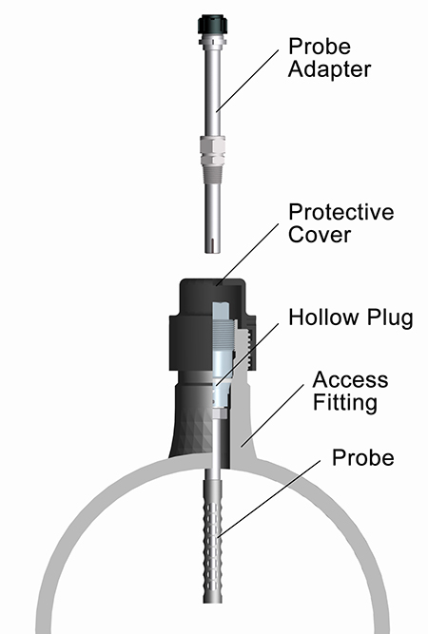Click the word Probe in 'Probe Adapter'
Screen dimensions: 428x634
pos(320,46)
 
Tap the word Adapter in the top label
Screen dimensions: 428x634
pos(329,69)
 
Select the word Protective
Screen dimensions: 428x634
pos(341,212)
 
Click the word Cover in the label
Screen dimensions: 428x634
pos(320,235)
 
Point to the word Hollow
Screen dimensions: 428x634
pos(324,317)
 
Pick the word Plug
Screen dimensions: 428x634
pos(390,318)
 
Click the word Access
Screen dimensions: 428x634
pos(350,379)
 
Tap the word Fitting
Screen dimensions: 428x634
pos(345,403)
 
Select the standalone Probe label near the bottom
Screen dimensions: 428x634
pos(363,458)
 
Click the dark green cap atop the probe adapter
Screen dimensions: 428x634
pos(212,25)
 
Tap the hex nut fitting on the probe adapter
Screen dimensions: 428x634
pos(213,147)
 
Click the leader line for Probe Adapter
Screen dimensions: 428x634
pos(247,81)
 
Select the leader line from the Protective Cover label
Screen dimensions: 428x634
pos(247,255)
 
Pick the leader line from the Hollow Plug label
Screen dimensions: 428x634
pos(246,355)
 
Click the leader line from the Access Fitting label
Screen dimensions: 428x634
pos(272,415)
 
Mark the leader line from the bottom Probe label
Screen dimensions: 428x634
pos(269,499)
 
